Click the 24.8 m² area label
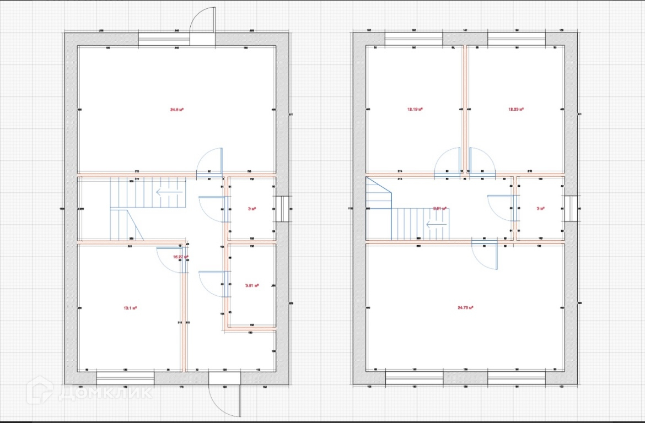(176, 110)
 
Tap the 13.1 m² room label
(130, 308)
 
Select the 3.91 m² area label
(252, 285)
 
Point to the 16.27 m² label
(181, 257)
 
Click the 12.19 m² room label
(415, 109)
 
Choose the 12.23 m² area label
(515, 109)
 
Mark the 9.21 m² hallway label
(439, 208)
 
